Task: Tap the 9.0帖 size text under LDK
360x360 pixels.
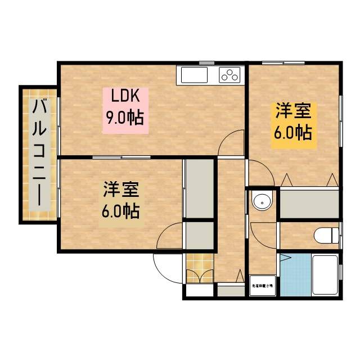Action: click(x=124, y=118)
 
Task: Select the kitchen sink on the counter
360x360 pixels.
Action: click(x=192, y=75)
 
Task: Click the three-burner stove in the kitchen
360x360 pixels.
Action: click(x=229, y=75)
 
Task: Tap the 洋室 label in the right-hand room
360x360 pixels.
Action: click(x=292, y=111)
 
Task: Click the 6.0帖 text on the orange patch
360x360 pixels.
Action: click(x=293, y=133)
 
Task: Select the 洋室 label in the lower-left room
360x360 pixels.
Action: click(x=120, y=190)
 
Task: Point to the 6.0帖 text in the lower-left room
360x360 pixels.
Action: click(x=120, y=211)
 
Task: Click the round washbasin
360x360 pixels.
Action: click(x=260, y=201)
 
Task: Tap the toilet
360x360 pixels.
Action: click(x=326, y=234)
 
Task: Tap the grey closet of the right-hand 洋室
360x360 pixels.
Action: click(x=309, y=204)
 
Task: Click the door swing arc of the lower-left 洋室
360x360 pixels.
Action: click(x=170, y=239)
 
